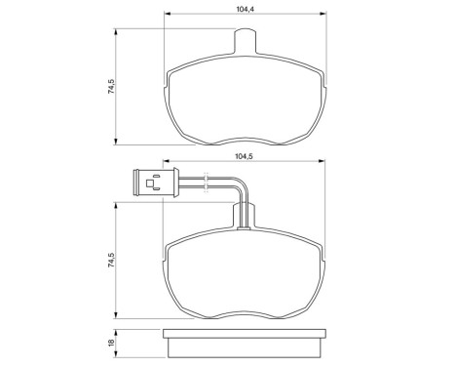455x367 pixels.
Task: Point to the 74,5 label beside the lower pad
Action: pyautogui.click(x=112, y=263)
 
